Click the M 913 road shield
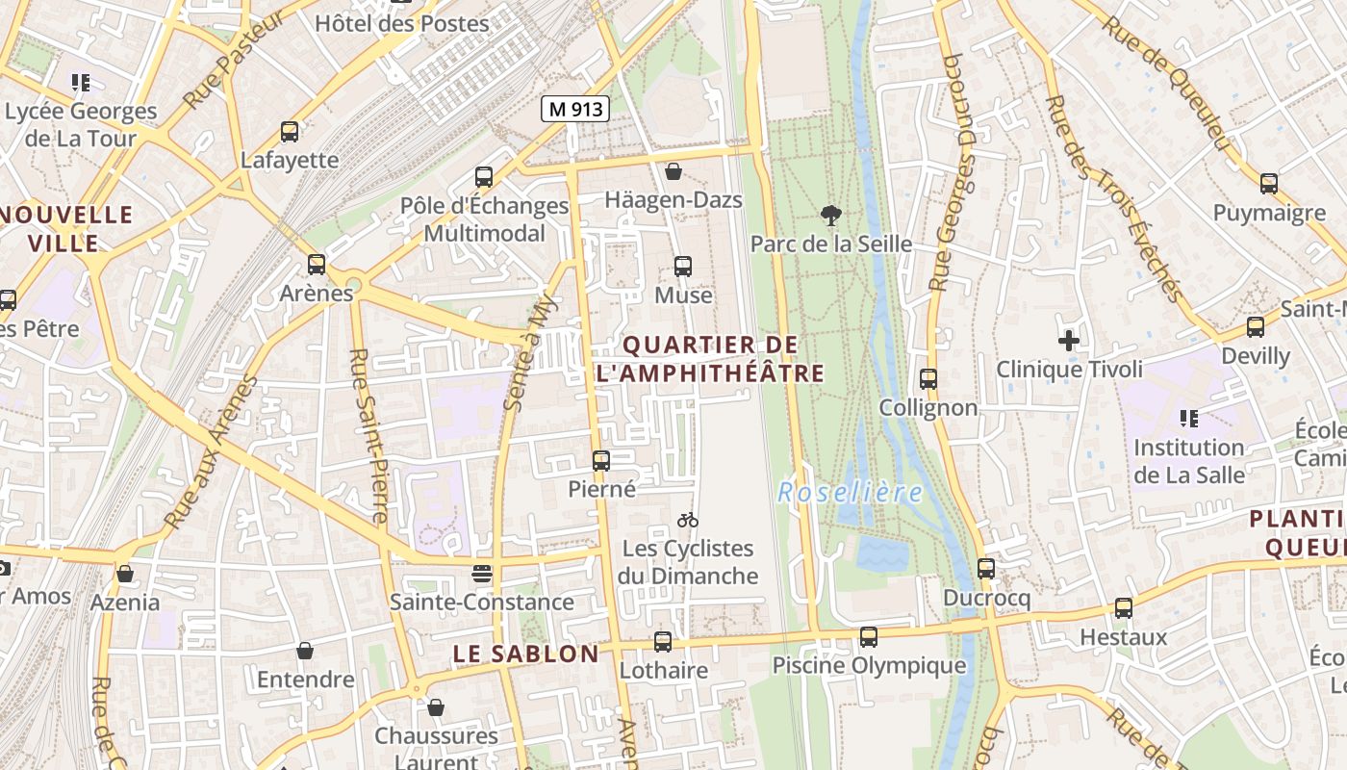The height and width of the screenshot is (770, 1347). coord(574,109)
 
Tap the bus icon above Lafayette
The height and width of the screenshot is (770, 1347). coord(290,132)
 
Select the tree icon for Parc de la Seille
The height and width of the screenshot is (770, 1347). coord(830,216)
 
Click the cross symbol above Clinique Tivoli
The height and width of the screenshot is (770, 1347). coord(1069,341)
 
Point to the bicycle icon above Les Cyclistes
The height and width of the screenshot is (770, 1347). coord(687,521)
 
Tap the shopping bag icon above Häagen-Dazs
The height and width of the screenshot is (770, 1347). coord(673,171)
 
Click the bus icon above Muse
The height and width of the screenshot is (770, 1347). coord(683,267)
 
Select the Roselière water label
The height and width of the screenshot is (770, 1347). coord(850,493)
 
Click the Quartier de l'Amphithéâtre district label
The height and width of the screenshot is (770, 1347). coord(710,359)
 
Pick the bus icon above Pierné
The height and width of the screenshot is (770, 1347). coord(601,461)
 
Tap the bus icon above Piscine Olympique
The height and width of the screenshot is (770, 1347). coord(868,636)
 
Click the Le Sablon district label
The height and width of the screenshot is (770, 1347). coord(525,654)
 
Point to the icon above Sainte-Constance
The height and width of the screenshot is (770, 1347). coord(482,574)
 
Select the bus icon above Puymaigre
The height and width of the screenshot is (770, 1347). coord(1269,184)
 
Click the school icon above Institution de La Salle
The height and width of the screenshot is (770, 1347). coord(1189,419)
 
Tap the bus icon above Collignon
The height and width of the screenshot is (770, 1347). coord(928,379)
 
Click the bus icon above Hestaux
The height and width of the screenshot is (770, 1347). coord(1124,608)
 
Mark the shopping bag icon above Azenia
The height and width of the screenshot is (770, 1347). coord(125,575)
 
